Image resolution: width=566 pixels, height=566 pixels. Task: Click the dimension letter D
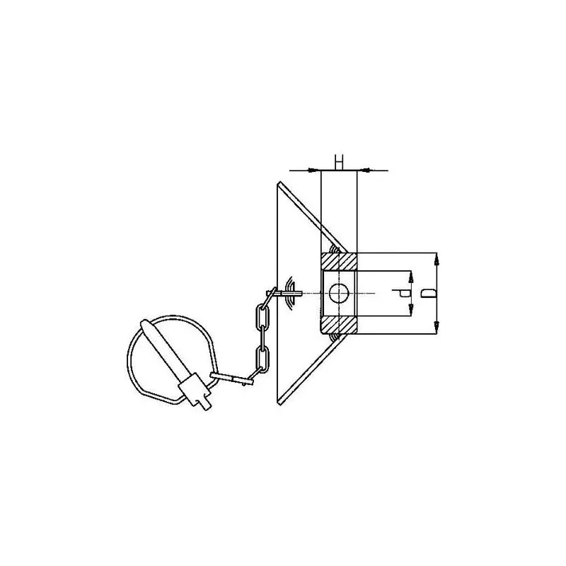click(x=429, y=294)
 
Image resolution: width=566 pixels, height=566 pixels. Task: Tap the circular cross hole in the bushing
click(x=339, y=293)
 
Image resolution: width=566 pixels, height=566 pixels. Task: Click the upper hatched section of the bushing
click(x=339, y=262)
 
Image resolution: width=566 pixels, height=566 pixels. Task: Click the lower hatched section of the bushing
click(x=339, y=325)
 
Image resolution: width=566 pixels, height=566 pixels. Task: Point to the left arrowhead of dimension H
click(x=314, y=170)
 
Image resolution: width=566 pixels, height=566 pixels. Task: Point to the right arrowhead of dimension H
click(x=364, y=170)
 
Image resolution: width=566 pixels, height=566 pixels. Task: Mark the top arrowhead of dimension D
click(x=437, y=260)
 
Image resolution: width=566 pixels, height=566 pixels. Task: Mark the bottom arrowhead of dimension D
click(x=437, y=327)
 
